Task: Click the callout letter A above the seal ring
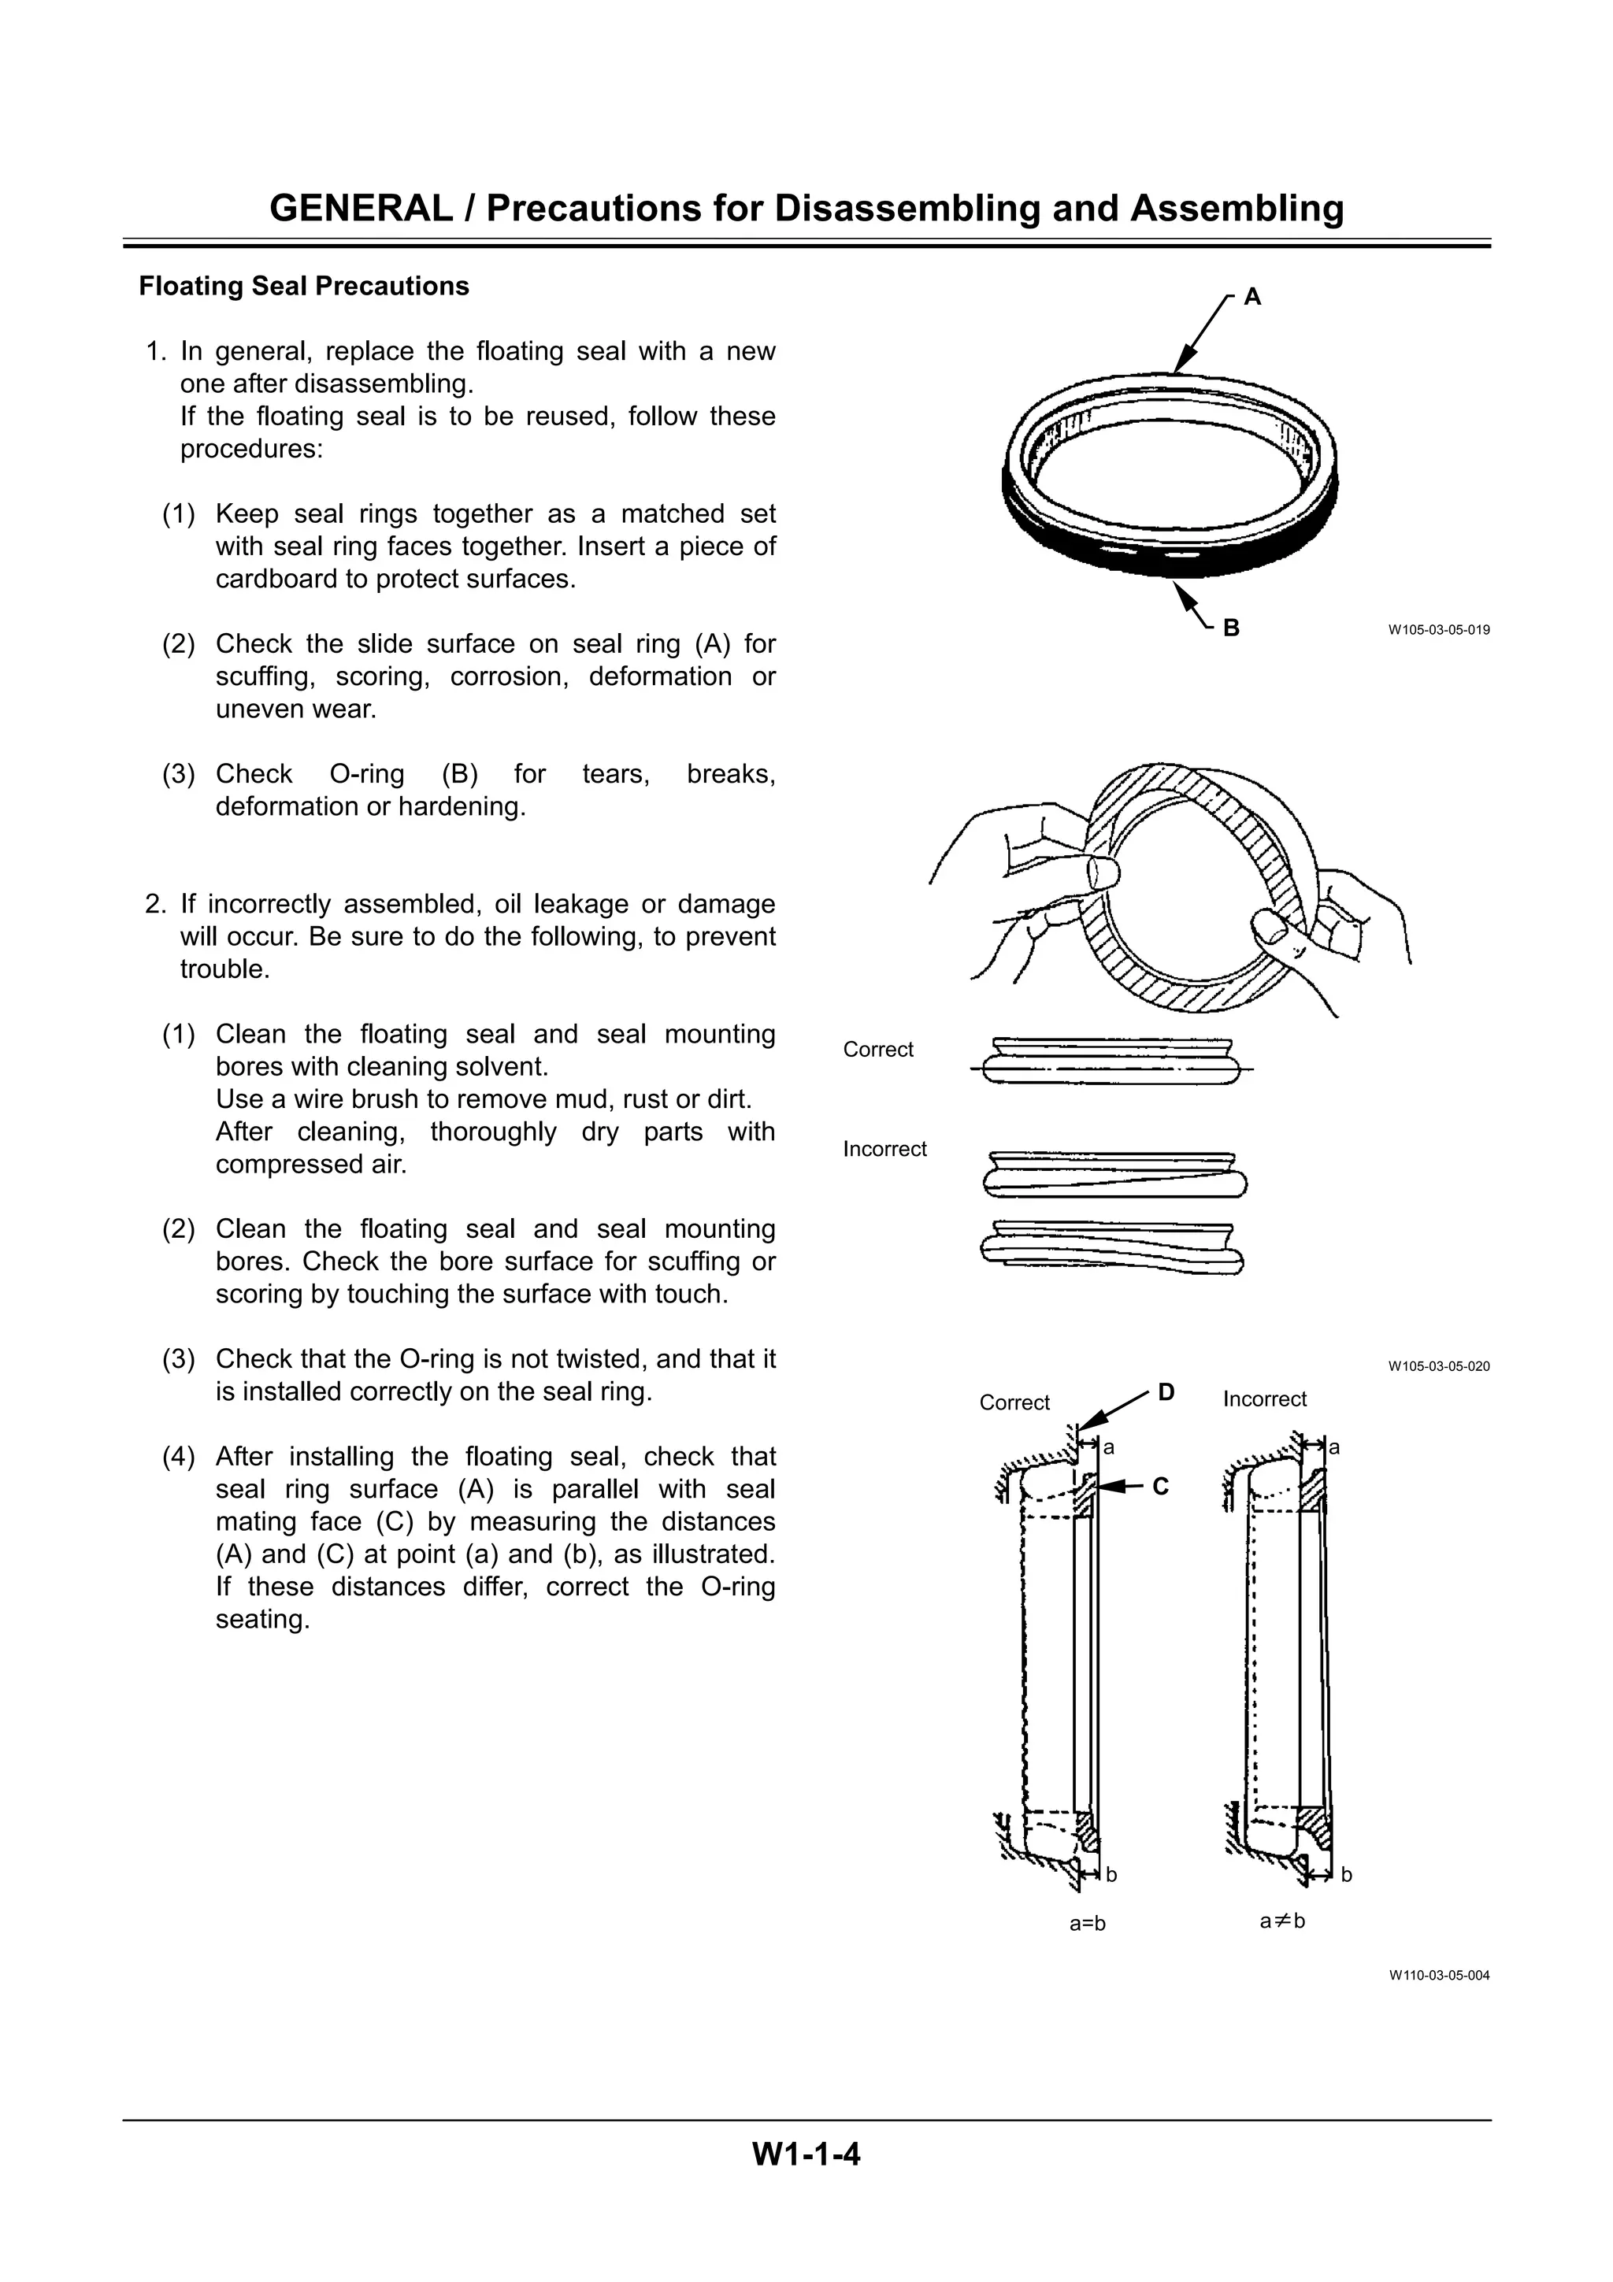point(1252,296)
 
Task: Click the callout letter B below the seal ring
point(1231,628)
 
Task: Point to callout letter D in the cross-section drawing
point(1166,1392)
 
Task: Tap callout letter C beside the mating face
point(1161,1487)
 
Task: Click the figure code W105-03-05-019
point(1438,630)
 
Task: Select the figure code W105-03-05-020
point(1438,1367)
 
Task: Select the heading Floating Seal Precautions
point(303,287)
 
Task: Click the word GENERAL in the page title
point(361,209)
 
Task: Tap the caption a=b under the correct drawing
point(1087,1923)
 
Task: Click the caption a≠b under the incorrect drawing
point(1282,1921)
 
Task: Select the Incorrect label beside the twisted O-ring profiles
point(884,1149)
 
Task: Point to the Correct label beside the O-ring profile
point(877,1050)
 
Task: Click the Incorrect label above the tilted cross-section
point(1264,1399)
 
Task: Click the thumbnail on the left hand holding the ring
point(1101,872)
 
